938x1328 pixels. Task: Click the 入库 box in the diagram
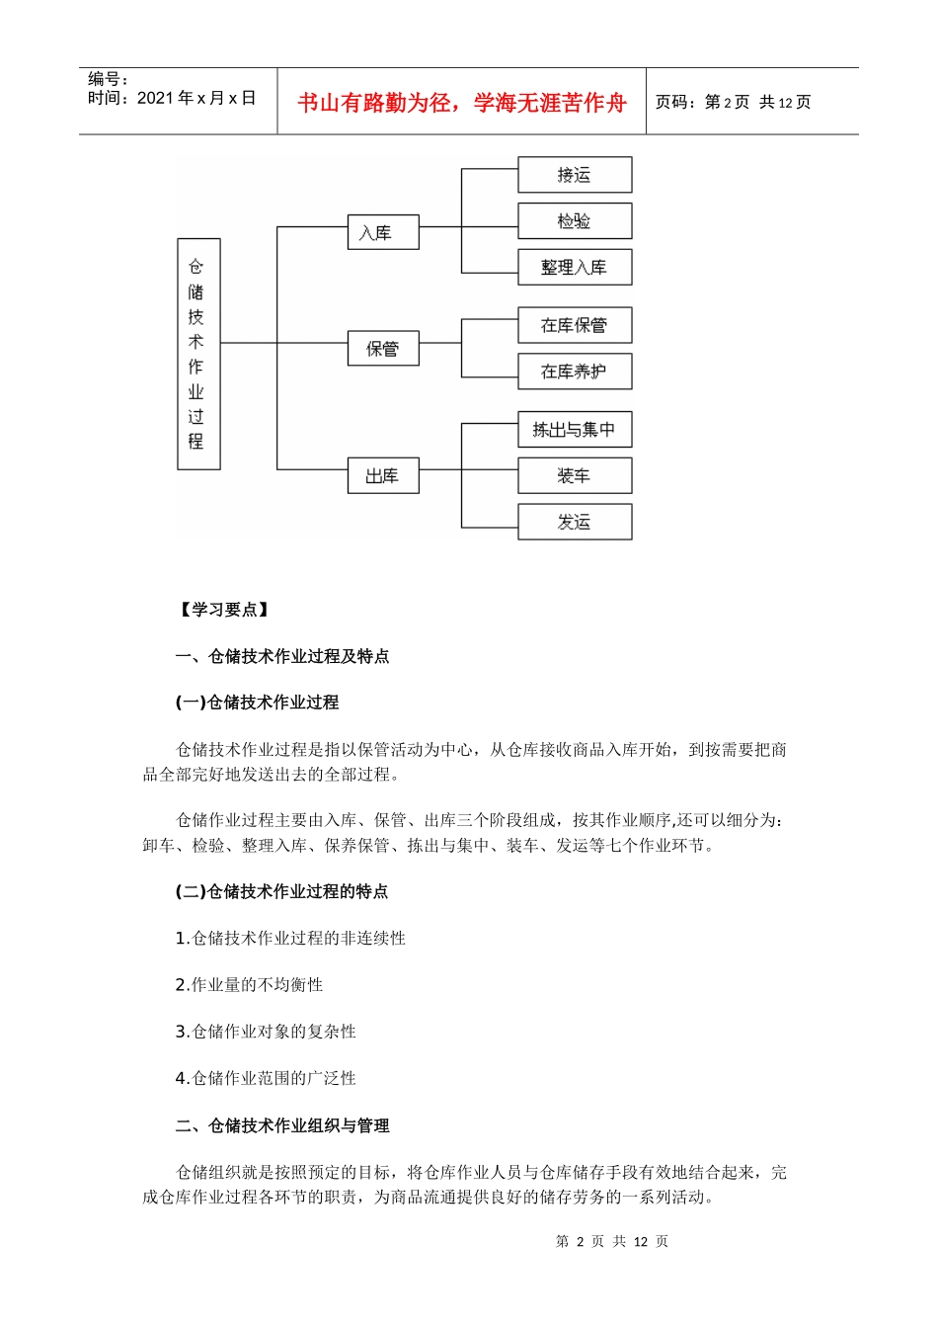383,232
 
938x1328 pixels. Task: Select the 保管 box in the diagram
383,348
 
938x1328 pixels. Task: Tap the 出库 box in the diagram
383,475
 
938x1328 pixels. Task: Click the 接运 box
575,175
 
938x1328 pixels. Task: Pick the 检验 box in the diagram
575,221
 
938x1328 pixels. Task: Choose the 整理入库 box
575,267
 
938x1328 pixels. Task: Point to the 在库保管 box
575,325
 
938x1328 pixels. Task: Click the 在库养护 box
575,372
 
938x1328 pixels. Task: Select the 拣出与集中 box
575,430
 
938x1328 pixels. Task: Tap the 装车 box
575,475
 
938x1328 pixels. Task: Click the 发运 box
575,522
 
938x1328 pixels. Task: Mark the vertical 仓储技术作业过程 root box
198,354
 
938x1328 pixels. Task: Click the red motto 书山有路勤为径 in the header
462,103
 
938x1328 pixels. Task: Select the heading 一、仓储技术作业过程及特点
282,656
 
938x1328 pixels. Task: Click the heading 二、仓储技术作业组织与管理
282,1125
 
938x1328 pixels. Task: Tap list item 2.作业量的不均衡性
249,985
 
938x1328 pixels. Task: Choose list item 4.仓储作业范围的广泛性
266,1078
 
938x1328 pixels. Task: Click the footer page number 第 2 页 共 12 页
612,1241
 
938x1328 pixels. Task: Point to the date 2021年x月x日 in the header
196,98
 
